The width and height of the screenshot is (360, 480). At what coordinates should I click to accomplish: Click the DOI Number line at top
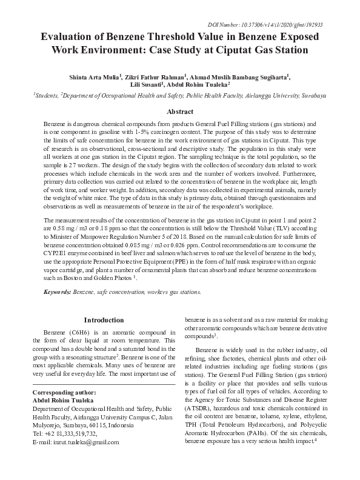282,24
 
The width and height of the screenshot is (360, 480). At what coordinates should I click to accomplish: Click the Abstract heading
179,112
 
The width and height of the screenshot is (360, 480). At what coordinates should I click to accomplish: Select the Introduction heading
104,319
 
